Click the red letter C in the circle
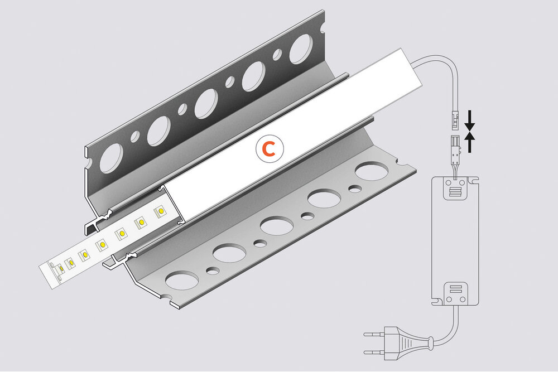click(269, 148)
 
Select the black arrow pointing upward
click(470, 143)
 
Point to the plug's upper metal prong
click(372, 335)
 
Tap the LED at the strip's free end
click(59, 268)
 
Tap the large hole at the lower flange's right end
click(371, 171)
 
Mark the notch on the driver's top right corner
click(474, 181)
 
